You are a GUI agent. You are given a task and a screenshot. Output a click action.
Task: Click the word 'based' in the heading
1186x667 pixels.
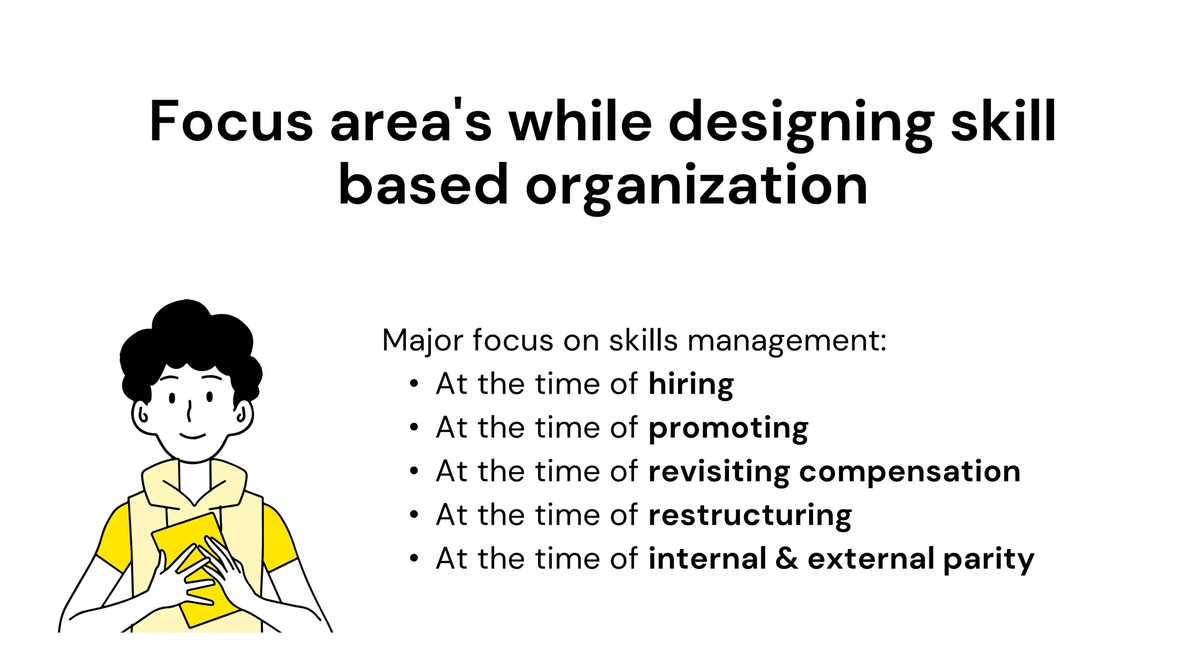pos(423,185)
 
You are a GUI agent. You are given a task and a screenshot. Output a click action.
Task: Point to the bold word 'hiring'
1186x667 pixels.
pos(691,384)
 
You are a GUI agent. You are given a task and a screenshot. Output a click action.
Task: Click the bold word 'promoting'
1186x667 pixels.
pos(728,428)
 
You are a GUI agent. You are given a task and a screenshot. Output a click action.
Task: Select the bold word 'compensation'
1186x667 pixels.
pos(909,472)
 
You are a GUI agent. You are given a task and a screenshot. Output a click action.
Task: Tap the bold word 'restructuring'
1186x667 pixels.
pos(750,515)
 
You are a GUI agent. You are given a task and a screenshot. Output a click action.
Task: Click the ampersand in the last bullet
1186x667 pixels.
pos(787,559)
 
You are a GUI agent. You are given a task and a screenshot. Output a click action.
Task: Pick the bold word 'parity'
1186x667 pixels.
pos(989,560)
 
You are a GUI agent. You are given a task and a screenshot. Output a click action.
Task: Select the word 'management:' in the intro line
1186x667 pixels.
pos(787,342)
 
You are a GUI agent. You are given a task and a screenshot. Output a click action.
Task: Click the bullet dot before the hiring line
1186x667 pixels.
pos(413,384)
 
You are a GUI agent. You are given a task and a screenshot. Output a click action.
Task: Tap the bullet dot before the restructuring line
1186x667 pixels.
pos(413,515)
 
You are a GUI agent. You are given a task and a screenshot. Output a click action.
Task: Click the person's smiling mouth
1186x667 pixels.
pos(192,436)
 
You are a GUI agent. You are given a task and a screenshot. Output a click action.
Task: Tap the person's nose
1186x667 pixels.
pos(189,412)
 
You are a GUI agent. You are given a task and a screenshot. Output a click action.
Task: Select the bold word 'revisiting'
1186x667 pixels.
pos(719,472)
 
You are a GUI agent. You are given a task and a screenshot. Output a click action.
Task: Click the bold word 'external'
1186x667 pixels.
pos(871,559)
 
